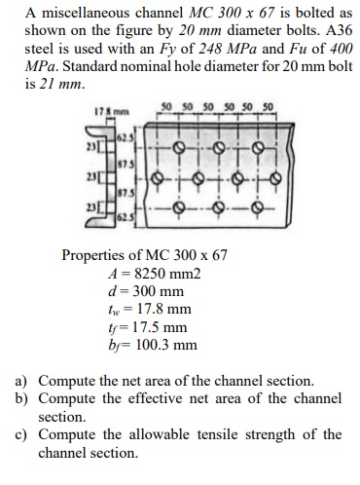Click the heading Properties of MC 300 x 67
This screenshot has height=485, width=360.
pos(145,255)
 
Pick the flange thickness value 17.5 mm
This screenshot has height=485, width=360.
pos(157,327)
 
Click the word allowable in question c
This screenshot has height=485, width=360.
pos(159,434)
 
